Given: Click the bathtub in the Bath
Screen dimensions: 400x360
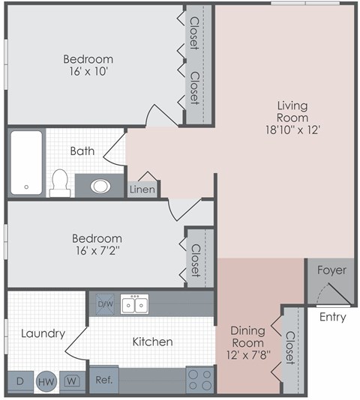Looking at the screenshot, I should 26,163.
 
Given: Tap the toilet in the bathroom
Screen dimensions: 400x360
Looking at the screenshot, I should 60,182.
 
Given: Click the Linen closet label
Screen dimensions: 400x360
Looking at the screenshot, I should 142,190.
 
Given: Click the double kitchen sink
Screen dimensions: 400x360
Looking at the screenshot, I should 135,304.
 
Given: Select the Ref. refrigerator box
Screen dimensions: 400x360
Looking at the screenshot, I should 103,380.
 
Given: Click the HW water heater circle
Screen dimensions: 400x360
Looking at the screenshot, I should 46,381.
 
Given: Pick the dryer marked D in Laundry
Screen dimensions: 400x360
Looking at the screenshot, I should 20,381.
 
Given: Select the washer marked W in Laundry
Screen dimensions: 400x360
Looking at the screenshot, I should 72,381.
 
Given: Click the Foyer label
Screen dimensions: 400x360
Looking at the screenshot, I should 331,270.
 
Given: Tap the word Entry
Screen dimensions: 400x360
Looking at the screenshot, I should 332,317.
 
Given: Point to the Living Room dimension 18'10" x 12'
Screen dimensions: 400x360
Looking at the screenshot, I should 292,130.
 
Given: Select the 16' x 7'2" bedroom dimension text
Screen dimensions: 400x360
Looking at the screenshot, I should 87,251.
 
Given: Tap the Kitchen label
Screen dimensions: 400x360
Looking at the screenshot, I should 152,342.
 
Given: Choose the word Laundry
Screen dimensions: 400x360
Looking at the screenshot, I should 43,333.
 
